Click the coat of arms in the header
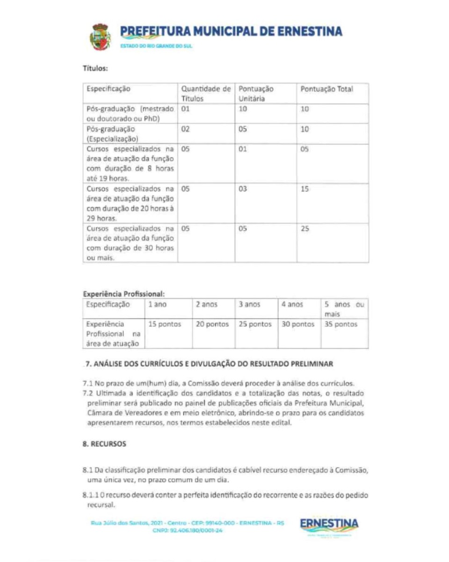pos(100,37)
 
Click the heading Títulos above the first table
pos(95,68)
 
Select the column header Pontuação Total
pos(326,89)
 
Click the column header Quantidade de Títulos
pos(206,94)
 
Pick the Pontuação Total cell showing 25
pos(305,229)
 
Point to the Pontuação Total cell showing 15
pos(305,189)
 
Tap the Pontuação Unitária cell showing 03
pos(243,189)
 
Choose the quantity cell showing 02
pos(185,129)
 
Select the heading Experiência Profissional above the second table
pos(123,294)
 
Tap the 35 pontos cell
pos(341,324)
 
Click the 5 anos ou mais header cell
pos(344,309)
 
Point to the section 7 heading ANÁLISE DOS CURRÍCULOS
pos(208,363)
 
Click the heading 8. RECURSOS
pos(104,444)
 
